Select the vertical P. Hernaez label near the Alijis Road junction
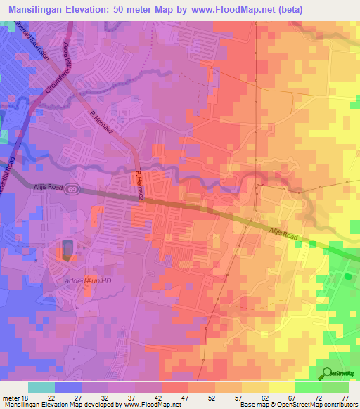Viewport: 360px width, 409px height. pos(139,186)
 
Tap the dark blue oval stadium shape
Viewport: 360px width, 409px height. pos(67,249)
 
